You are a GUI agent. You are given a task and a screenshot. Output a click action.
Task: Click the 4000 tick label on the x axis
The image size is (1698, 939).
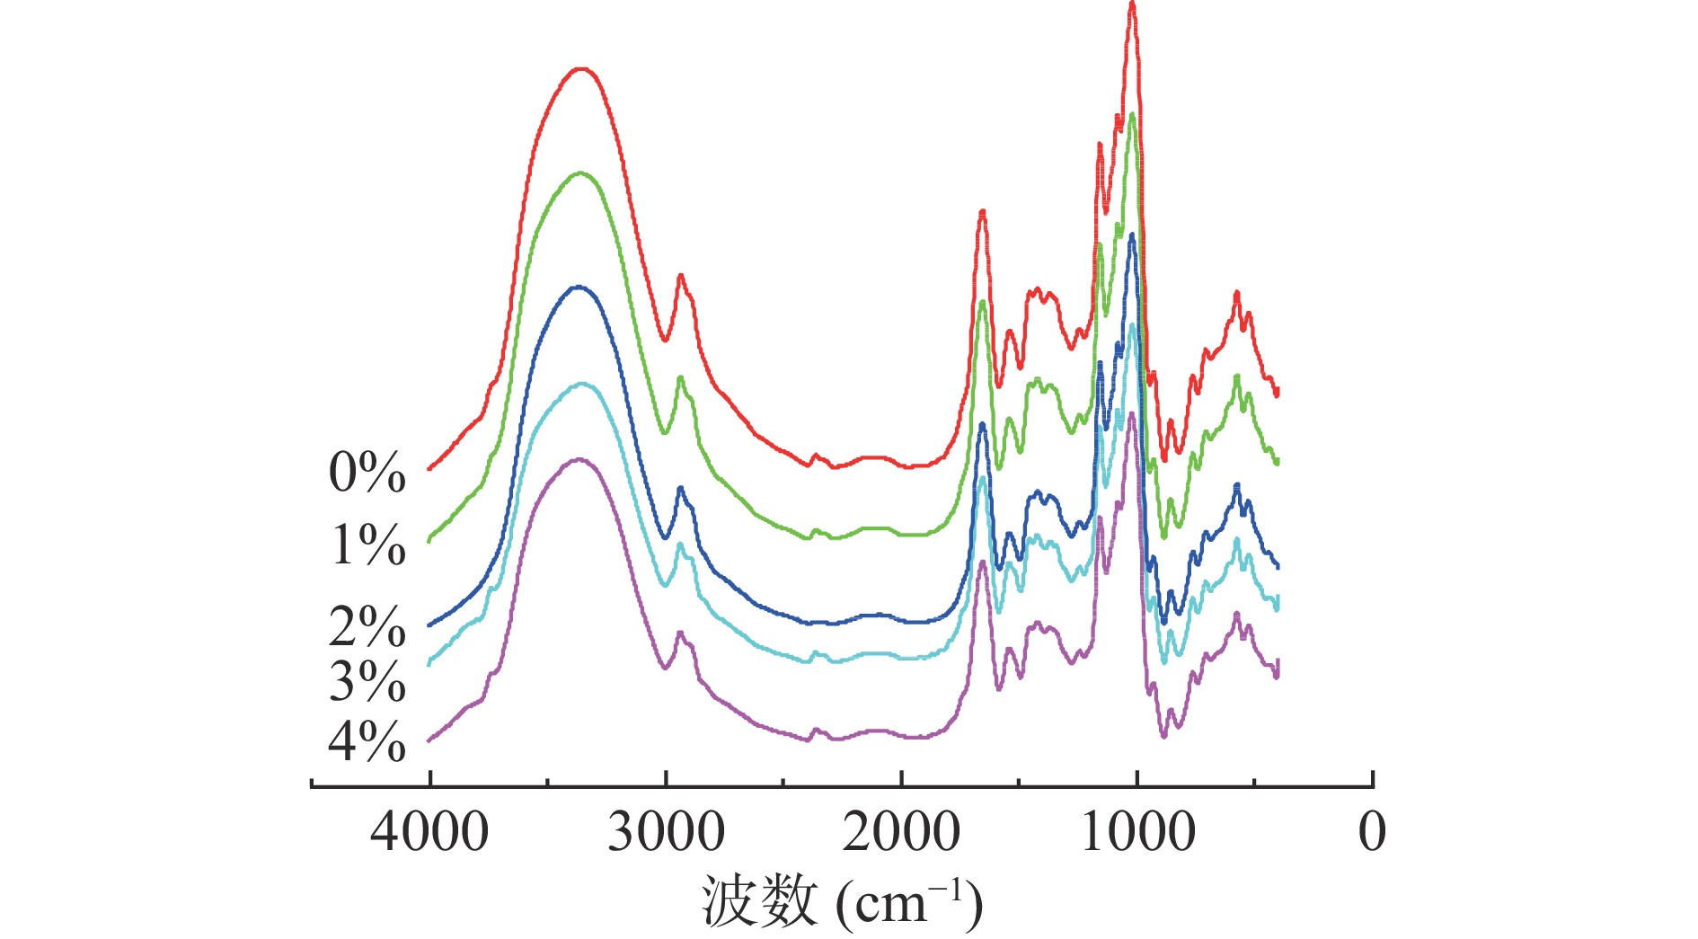[429, 832]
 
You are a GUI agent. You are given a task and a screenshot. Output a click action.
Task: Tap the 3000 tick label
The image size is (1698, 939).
[666, 832]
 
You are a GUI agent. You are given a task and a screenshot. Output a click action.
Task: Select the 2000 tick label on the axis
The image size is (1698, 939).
[901, 832]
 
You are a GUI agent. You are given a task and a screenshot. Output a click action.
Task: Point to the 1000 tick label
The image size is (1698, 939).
[1137, 832]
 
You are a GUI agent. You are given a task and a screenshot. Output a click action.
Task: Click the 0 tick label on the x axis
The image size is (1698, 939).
[1372, 832]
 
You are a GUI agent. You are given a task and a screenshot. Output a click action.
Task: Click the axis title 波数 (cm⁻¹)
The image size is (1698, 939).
[842, 902]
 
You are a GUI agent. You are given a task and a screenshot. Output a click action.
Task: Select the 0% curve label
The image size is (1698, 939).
[367, 473]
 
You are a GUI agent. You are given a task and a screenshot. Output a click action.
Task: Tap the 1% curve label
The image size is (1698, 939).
[367, 545]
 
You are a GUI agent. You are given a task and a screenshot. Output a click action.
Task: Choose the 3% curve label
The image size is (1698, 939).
[367, 681]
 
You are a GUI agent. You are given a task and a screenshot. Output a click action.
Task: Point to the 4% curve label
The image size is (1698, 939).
[367, 742]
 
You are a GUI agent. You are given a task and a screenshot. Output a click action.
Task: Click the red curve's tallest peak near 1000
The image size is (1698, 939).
[1132, 5]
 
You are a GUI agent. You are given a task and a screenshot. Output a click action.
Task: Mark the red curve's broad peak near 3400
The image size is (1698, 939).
[581, 68]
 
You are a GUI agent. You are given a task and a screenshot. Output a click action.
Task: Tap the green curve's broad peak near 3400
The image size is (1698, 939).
[581, 173]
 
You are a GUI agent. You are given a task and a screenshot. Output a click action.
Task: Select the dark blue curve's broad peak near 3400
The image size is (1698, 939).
[579, 287]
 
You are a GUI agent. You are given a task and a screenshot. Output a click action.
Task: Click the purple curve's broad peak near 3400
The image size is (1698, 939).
[579, 459]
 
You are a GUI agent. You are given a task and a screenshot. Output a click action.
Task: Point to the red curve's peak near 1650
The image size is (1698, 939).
[983, 211]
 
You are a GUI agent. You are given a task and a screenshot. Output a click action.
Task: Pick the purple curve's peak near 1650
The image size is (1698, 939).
[983, 562]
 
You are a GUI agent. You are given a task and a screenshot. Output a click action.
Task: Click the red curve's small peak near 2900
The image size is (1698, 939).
[680, 276]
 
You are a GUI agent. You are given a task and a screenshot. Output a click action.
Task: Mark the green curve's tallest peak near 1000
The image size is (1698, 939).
[1132, 114]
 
